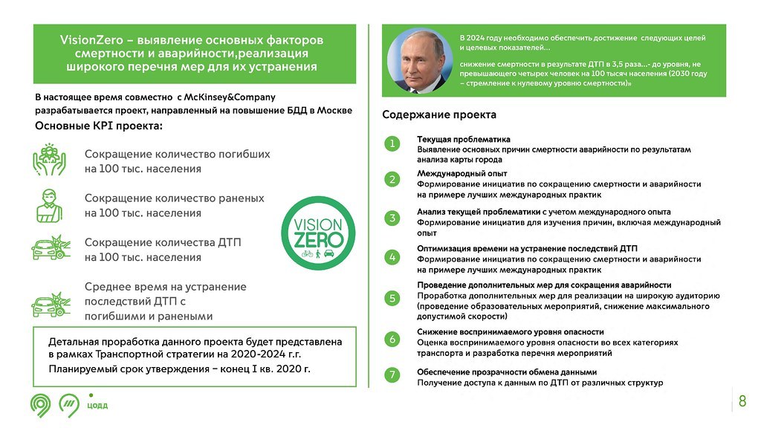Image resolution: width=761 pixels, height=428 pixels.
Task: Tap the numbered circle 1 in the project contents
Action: click(x=392, y=143)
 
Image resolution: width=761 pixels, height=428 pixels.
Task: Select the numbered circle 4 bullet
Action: click(x=392, y=257)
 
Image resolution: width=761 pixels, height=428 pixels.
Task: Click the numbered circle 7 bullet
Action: click(x=392, y=375)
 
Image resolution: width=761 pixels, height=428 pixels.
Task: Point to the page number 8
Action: click(x=742, y=402)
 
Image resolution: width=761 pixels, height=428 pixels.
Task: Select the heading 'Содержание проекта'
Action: click(x=439, y=115)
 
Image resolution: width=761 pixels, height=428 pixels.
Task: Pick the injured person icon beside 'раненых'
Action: click(x=49, y=204)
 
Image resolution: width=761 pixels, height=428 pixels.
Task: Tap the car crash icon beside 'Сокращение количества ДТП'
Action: click(x=50, y=247)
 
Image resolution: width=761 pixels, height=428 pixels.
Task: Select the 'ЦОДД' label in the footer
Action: click(x=97, y=405)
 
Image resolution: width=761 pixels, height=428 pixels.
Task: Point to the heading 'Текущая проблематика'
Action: click(x=464, y=139)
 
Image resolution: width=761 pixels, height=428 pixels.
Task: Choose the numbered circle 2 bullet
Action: click(x=392, y=179)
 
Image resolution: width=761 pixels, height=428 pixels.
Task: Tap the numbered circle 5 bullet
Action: click(x=392, y=298)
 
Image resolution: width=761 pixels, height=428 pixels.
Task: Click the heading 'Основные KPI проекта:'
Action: click(x=99, y=126)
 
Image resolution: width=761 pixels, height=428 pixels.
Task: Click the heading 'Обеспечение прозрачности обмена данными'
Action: click(x=507, y=372)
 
